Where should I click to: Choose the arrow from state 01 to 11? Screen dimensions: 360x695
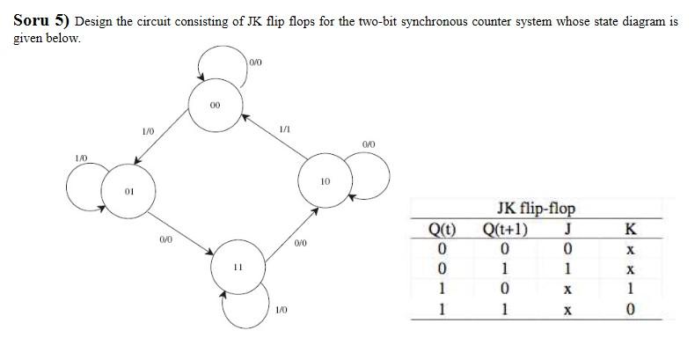pos(180,227)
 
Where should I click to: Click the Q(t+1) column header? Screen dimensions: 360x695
pos(506,231)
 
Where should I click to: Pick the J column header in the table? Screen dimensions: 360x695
pos(568,231)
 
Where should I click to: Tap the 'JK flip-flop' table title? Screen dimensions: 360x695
pos(535,209)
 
